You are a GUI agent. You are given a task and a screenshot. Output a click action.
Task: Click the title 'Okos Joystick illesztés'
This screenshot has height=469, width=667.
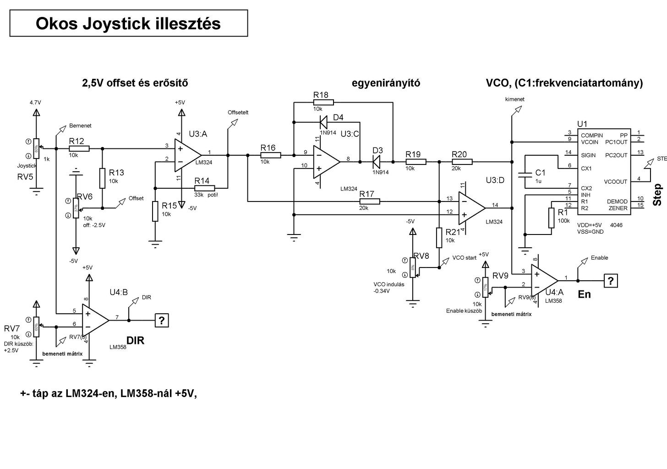128,23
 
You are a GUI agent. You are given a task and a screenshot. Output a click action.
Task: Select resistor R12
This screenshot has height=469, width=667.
79,148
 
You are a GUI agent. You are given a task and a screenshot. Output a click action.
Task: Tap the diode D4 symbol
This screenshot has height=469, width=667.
323,122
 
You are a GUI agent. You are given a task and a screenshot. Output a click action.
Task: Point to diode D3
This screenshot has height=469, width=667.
377,161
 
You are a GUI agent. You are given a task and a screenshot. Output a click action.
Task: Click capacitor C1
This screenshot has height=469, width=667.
523,175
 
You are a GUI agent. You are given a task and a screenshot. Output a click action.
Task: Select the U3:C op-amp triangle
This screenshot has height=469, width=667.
326,161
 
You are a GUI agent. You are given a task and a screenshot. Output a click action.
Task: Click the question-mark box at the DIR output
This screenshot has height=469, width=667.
161,321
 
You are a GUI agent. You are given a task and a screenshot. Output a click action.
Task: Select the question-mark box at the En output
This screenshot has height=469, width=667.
611,280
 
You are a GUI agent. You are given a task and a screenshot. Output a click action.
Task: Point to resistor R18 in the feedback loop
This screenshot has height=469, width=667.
323,102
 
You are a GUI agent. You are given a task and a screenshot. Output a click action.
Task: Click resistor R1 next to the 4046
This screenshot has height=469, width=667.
551,218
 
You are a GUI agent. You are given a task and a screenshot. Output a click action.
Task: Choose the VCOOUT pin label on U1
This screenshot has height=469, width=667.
615,182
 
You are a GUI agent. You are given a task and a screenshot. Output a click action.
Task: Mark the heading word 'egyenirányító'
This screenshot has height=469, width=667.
386,83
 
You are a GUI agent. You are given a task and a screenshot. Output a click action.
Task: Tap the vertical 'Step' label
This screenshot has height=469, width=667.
657,195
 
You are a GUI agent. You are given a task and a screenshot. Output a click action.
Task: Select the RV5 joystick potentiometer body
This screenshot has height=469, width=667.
37,147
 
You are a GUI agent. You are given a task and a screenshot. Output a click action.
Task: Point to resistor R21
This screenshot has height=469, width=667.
439,238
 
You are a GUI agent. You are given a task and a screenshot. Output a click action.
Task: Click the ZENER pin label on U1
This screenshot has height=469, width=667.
618,208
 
